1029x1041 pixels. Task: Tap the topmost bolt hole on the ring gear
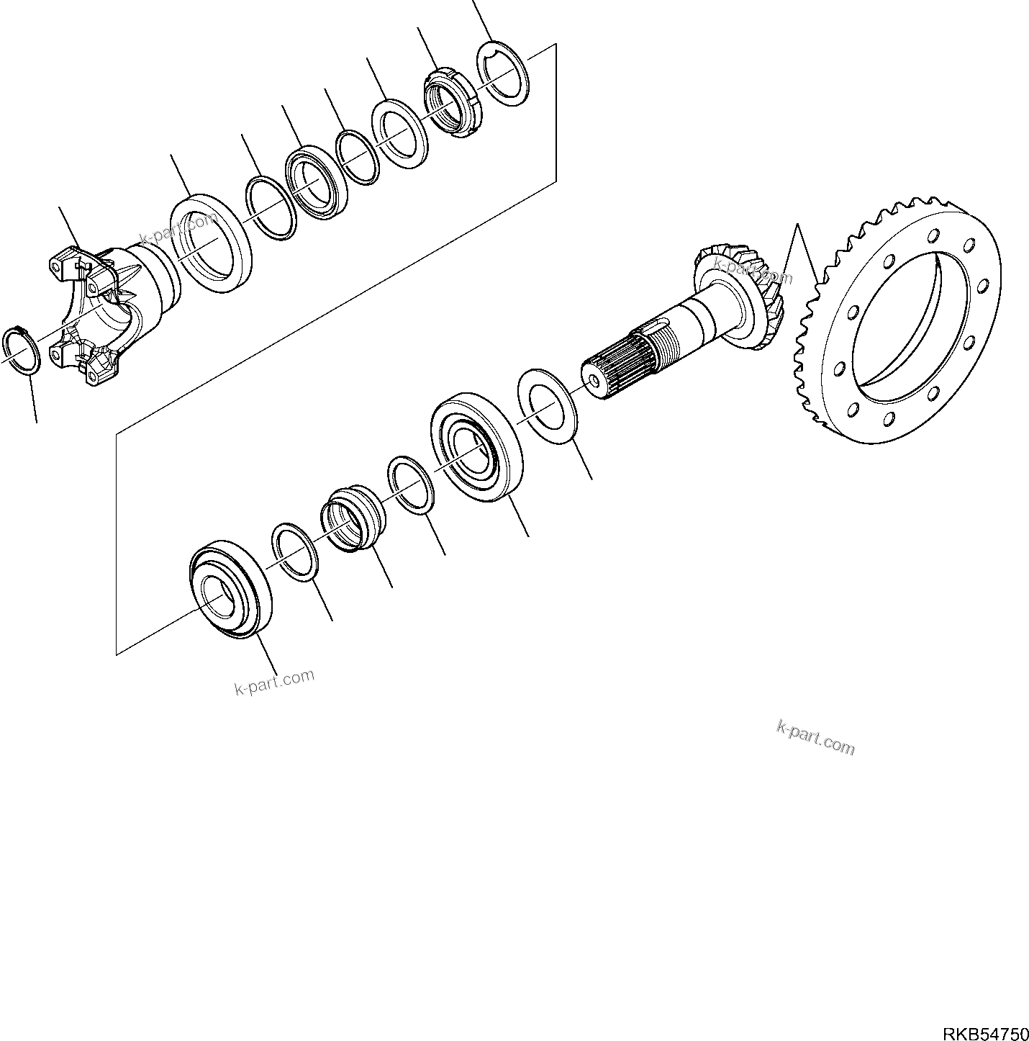[x=933, y=235]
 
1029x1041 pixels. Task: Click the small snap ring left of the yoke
[x=22, y=350]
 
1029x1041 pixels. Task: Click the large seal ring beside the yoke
[x=210, y=241]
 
